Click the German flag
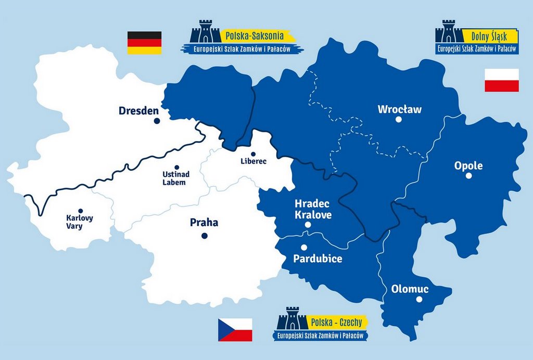144,43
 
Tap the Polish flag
501,80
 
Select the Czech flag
235,329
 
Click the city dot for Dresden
157,121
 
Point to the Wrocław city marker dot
398,119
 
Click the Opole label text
468,166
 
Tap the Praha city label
204,222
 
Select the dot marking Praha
205,236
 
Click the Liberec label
253,162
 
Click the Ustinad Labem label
176,178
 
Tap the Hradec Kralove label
312,208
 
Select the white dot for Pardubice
304,247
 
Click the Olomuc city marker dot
419,299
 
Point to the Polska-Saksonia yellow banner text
255,36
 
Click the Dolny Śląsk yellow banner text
489,36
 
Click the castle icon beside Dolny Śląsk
448,32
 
